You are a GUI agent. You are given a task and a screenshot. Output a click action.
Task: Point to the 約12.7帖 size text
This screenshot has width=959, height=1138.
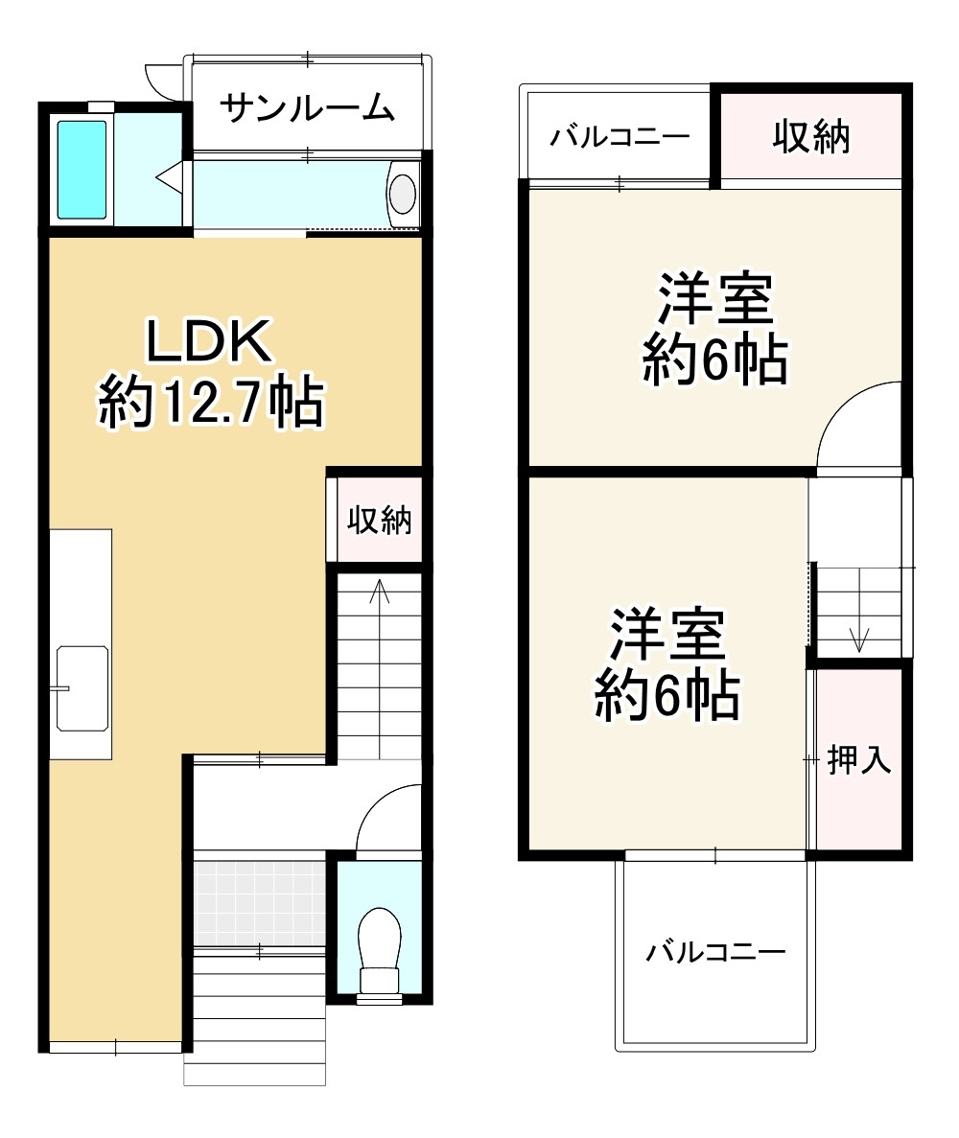210,403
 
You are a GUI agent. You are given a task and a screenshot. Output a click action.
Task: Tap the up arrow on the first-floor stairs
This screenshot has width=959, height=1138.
380,594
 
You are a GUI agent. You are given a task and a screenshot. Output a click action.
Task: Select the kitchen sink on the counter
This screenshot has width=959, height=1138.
82,688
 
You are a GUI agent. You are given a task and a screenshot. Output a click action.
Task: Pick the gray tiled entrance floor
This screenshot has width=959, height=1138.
259,900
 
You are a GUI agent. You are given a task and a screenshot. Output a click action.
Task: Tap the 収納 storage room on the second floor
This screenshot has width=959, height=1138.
811,138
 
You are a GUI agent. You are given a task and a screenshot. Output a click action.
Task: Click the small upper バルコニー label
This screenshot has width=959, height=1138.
620,138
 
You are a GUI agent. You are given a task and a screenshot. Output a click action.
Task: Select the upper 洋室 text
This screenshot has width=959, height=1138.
715,300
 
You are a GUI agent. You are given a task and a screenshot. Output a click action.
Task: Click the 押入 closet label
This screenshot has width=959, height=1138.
859,760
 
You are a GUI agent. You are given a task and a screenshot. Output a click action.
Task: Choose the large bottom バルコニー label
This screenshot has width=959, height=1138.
715,952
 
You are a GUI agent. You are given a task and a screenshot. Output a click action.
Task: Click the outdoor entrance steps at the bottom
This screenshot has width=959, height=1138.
255,1016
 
